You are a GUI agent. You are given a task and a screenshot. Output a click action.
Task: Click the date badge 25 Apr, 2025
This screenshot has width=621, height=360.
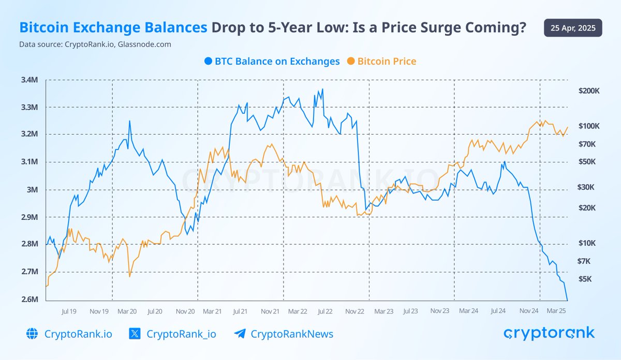573,27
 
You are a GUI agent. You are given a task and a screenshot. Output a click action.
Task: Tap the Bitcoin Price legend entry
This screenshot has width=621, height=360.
381,61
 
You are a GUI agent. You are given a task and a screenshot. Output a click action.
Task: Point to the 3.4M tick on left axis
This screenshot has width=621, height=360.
29,80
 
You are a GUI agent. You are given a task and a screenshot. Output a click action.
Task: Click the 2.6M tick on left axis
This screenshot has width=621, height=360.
29,299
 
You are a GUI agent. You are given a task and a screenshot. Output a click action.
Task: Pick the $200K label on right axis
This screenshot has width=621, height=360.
588,91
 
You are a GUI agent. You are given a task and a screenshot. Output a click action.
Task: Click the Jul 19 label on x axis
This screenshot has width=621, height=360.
69,311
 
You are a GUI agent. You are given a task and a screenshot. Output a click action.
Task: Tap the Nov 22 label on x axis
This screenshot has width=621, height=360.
356,311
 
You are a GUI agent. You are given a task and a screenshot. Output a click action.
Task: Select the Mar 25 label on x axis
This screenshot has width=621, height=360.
556,311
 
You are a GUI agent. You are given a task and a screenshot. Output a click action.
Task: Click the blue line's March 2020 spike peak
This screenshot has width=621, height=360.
129,121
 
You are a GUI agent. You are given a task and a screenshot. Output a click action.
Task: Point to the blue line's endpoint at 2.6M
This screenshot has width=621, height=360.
568,299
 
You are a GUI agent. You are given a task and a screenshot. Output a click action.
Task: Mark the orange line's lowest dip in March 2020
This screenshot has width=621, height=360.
129,277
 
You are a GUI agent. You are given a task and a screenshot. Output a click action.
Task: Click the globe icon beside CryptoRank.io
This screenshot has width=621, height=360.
32,334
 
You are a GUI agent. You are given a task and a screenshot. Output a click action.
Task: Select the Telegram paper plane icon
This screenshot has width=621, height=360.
240,334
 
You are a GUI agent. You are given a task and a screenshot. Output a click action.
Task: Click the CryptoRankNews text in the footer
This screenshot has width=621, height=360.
292,334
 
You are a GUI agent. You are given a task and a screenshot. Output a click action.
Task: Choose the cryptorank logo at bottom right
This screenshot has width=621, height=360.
549,333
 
